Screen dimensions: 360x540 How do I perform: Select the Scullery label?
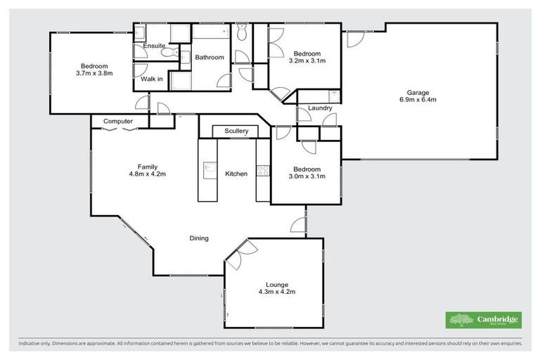[x=236, y=131]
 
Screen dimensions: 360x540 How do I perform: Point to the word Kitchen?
[x=236, y=174]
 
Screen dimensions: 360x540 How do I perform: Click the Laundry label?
[x=319, y=108]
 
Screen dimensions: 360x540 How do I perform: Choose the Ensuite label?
[x=153, y=46]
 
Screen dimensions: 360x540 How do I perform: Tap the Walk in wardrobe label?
[x=151, y=79]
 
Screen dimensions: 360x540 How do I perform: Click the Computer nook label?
[x=118, y=122]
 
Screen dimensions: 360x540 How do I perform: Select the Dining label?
[x=199, y=238]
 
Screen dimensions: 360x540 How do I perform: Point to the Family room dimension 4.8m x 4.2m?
[x=147, y=174]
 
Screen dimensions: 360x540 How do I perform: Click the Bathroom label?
[x=210, y=58]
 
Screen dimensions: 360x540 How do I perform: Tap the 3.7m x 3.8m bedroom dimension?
[x=94, y=72]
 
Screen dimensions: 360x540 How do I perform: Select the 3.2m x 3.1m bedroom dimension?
[x=307, y=61]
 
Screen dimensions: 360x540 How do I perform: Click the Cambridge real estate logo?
[x=484, y=320]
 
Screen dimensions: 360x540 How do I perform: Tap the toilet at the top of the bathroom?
[x=241, y=33]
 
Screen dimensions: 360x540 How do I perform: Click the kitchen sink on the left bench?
[x=208, y=168]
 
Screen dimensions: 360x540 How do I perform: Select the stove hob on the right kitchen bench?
[x=262, y=169]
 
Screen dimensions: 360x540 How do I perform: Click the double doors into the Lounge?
[x=238, y=253]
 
